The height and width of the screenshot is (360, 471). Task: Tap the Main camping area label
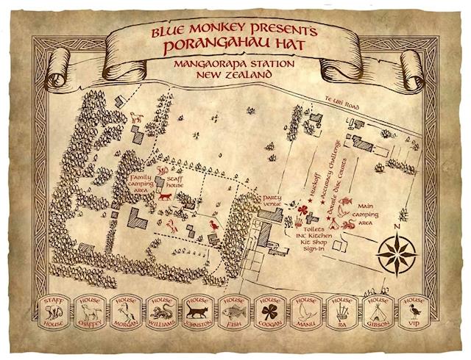[368, 210]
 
